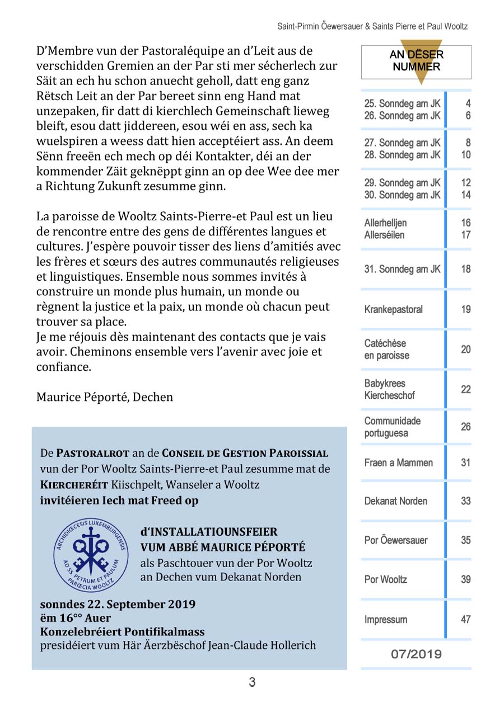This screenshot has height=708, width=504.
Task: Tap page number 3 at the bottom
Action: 252,682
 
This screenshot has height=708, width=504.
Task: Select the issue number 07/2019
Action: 416,654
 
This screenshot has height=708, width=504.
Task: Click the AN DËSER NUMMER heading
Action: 416,61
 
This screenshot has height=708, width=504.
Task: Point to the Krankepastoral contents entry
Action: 393,309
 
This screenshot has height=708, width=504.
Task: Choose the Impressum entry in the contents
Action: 385,620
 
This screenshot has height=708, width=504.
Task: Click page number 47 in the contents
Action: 465,619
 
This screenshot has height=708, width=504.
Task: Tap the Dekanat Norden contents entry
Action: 395,501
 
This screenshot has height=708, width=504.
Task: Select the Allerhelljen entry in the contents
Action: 385,223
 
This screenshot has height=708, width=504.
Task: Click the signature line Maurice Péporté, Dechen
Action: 105,397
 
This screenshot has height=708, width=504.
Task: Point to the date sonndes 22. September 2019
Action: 118,604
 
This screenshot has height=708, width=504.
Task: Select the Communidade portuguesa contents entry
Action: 392,427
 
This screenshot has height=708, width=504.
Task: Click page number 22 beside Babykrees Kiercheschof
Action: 465,389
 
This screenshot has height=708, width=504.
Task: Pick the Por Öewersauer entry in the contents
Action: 395,540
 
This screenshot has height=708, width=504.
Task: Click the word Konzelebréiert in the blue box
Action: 74,632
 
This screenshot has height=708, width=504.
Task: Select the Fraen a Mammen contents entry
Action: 398,462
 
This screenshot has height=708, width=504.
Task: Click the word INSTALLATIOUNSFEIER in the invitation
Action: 213,531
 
